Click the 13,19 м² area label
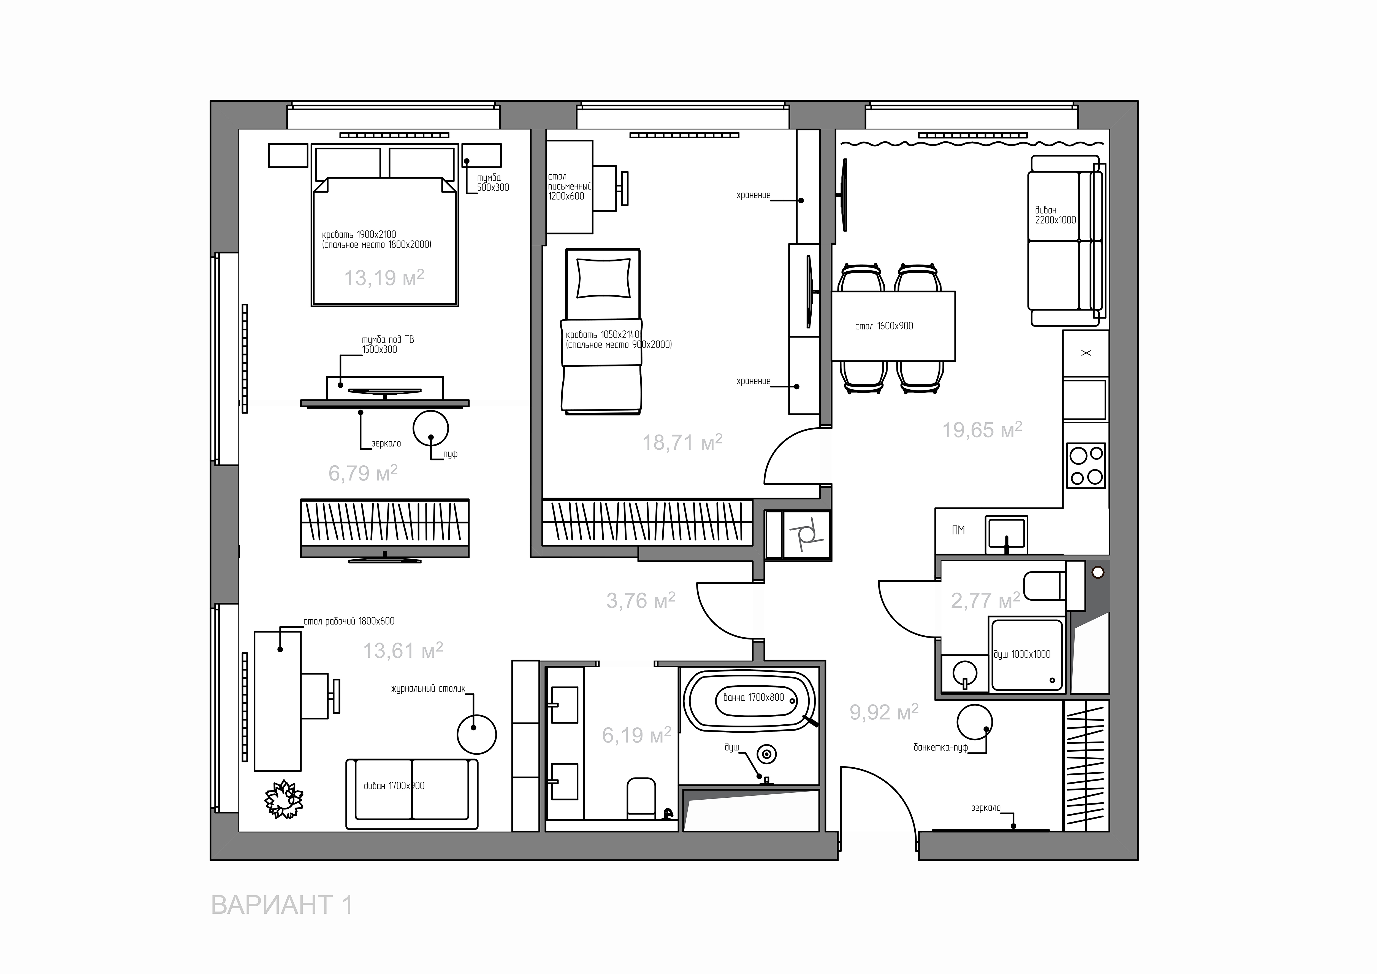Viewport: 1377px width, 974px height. click(384, 277)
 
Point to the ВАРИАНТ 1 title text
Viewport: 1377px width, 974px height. click(282, 904)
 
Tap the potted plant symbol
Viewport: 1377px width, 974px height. click(284, 799)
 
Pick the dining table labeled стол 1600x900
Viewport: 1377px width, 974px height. click(893, 326)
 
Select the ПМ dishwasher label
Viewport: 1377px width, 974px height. click(958, 530)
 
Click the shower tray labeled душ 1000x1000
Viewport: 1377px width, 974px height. click(1027, 655)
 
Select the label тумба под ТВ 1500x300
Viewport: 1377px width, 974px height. click(387, 344)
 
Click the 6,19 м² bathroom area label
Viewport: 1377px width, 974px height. click(636, 735)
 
